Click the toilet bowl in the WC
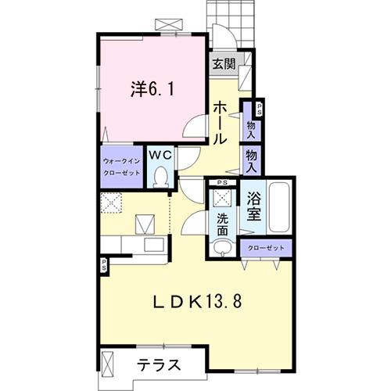click(161, 177)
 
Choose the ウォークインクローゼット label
click(121, 167)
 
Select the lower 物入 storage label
click(252, 161)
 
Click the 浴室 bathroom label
click(253, 205)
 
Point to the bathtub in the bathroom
click(278, 207)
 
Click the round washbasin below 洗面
click(221, 249)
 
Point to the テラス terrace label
click(160, 365)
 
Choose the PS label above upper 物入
click(259, 109)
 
